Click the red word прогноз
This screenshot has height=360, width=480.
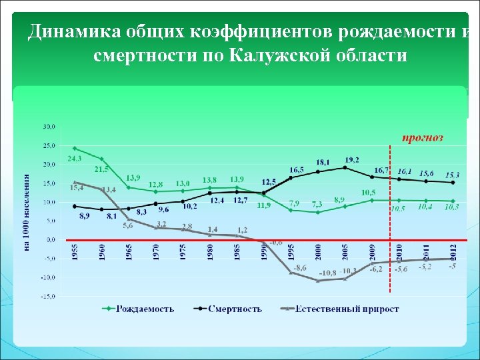(422, 138)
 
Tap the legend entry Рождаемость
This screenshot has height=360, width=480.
(145, 309)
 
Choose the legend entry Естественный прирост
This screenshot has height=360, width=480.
(347, 309)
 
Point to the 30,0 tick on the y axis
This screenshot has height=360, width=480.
(49, 126)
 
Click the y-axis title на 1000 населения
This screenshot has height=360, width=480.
(27, 212)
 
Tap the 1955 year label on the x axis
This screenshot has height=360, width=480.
(75, 251)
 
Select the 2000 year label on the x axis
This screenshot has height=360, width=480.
(318, 251)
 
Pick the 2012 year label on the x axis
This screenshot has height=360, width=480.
(453, 251)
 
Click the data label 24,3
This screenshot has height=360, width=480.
(74, 159)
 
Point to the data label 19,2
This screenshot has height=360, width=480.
(352, 159)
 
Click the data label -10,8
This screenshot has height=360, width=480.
(327, 273)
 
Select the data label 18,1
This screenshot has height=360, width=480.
(323, 162)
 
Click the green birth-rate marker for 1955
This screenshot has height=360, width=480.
(75, 148)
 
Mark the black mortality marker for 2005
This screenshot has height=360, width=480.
(345, 167)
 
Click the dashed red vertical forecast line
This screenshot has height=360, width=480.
(389, 220)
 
